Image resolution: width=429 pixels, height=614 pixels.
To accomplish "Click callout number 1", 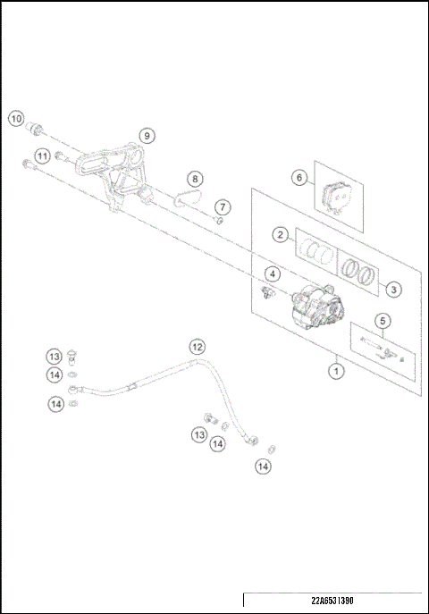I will (336, 368).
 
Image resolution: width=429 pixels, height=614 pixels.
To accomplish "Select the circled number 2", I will (281, 235).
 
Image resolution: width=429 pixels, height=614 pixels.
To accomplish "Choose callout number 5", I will (382, 321).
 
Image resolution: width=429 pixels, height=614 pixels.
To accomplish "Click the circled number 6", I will (299, 178).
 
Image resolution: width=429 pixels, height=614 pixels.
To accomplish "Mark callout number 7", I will (223, 207).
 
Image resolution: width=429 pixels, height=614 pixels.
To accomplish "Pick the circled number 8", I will (195, 179).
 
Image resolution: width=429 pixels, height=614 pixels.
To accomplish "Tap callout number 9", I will (147, 136).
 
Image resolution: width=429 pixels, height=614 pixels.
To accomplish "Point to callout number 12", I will (197, 346).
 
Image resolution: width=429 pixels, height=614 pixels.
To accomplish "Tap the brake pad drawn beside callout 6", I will (336, 198).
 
